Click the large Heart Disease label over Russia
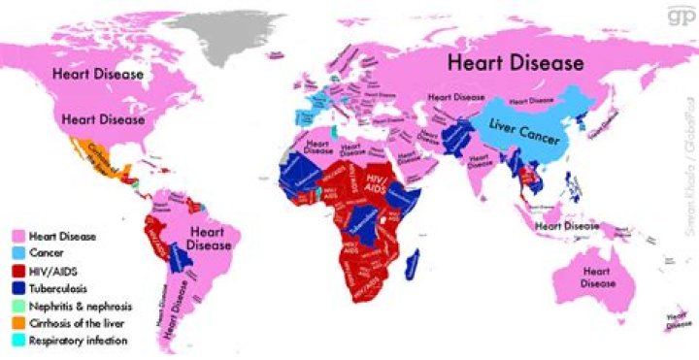coord(515,63)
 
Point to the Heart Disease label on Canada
coord(98,74)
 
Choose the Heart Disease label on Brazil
coord(210,238)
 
